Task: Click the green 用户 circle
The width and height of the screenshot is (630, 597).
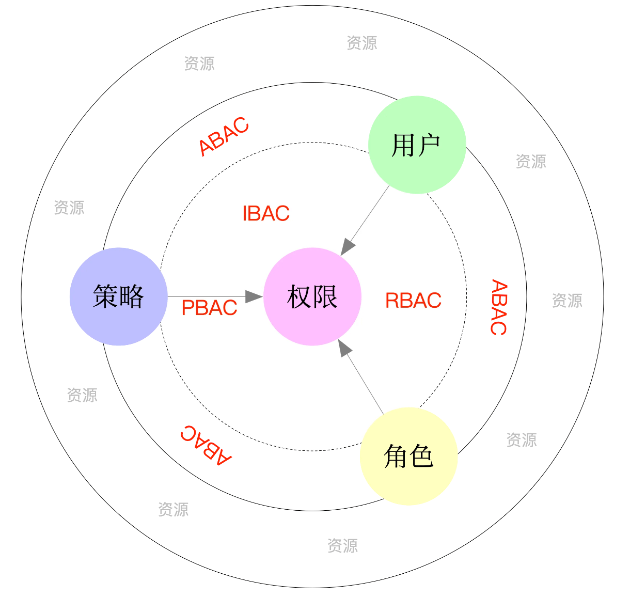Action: [x=417, y=145]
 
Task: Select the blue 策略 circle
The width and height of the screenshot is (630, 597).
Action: [x=119, y=296]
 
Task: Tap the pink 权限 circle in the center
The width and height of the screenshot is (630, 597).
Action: [x=312, y=296]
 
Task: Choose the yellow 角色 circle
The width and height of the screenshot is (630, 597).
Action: [x=408, y=456]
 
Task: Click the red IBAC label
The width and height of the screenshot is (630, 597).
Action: [x=266, y=213]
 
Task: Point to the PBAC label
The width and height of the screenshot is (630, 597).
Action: [x=209, y=308]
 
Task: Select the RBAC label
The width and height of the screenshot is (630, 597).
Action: [x=413, y=300]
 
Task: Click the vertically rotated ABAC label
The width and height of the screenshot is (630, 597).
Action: [x=499, y=307]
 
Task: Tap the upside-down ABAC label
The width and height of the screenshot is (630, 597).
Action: [x=206, y=446]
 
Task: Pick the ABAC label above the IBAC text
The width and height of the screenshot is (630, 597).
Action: [x=224, y=136]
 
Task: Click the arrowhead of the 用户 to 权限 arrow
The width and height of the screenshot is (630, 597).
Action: [x=348, y=247]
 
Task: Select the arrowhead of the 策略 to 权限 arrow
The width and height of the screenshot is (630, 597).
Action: [x=254, y=296]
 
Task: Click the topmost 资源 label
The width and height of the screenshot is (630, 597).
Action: [x=361, y=43]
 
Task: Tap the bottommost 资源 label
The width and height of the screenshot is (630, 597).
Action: [x=342, y=545]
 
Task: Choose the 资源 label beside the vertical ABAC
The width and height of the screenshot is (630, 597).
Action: [x=567, y=300]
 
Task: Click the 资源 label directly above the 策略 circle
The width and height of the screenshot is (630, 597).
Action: [x=69, y=208]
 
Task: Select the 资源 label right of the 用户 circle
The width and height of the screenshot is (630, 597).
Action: [x=531, y=161]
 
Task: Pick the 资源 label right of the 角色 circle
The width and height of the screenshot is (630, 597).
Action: [x=522, y=439]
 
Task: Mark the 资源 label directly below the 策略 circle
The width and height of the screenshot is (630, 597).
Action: [x=82, y=395]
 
